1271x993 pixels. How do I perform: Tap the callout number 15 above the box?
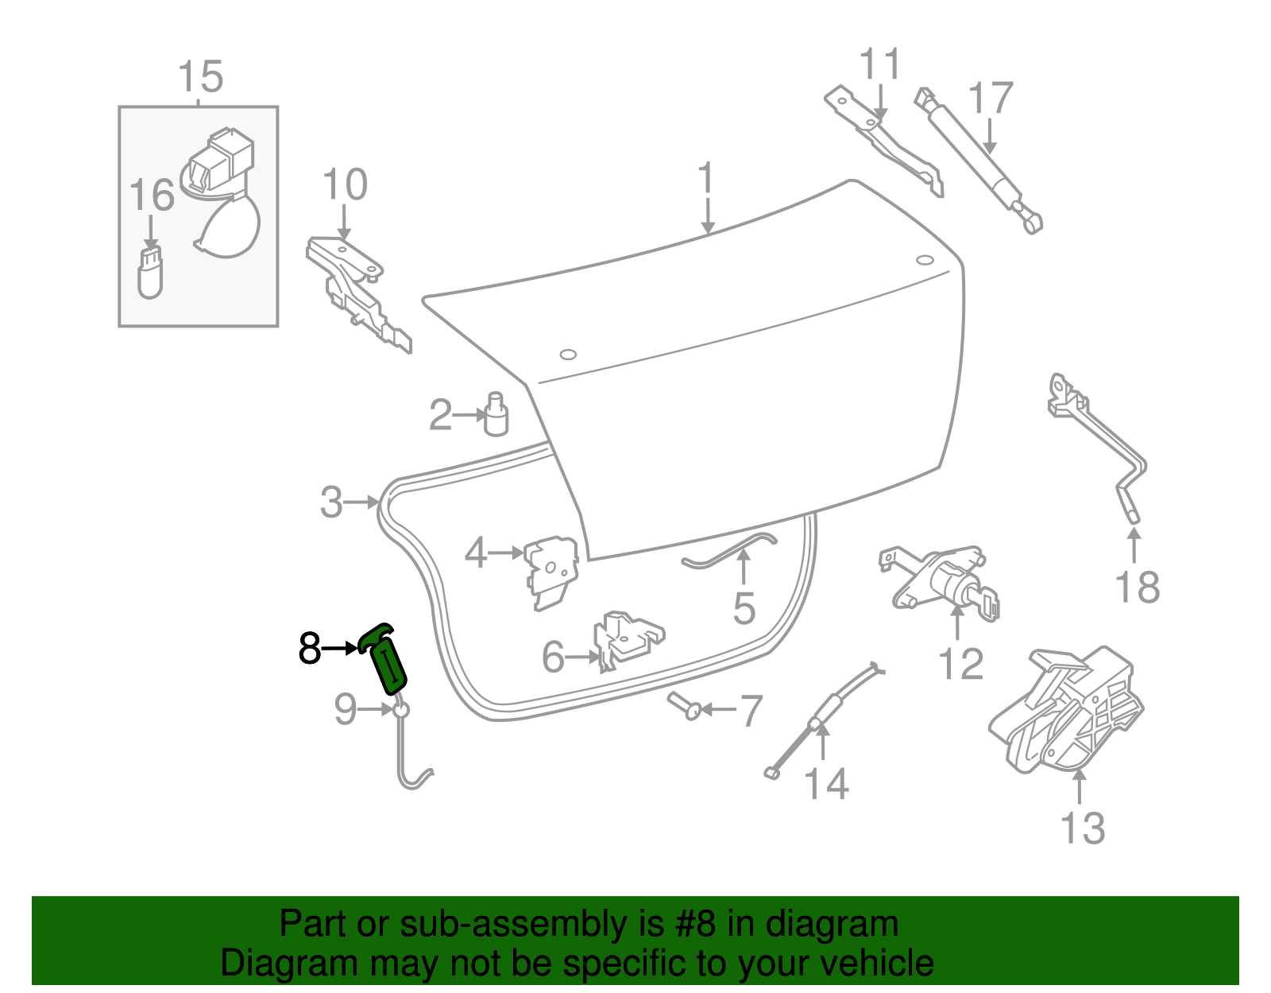(x=200, y=78)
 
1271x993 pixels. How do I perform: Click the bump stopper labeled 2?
(x=496, y=414)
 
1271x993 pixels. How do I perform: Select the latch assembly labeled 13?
(x=1068, y=712)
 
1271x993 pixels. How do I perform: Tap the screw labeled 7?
(x=685, y=706)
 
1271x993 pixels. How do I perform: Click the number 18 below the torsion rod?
(x=1137, y=588)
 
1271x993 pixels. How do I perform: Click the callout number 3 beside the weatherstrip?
(x=331, y=502)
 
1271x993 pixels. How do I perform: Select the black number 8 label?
(x=309, y=648)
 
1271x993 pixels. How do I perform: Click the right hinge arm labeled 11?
(x=882, y=139)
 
